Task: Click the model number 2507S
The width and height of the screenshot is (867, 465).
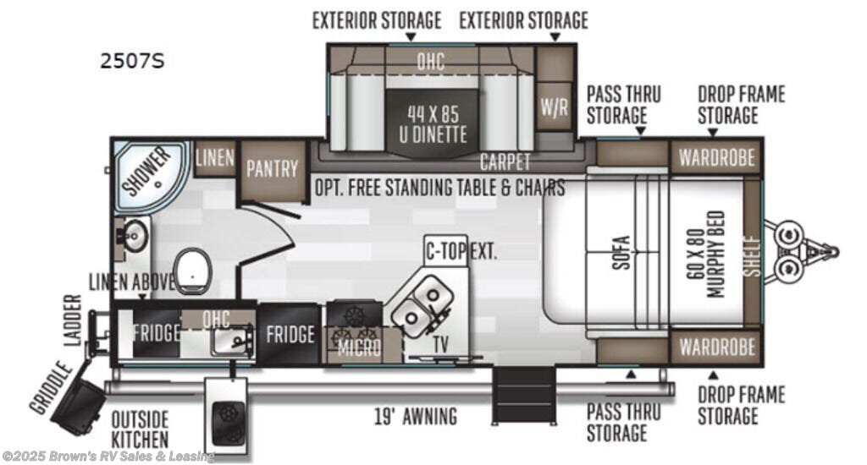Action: (x=132, y=61)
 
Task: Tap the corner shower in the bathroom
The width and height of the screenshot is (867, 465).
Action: (x=147, y=174)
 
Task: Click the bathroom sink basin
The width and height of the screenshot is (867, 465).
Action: (x=132, y=237)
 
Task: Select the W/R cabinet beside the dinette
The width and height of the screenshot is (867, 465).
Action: (x=554, y=106)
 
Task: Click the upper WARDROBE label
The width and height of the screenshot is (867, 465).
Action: (x=716, y=158)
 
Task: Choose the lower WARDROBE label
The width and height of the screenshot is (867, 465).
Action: (x=716, y=347)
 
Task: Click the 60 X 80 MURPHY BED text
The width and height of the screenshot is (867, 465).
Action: (x=708, y=254)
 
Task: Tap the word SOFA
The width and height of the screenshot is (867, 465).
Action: (x=621, y=253)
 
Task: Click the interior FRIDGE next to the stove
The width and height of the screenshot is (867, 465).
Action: (x=290, y=334)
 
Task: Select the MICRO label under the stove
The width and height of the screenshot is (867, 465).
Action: (x=359, y=347)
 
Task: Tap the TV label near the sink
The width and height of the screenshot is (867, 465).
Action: (x=440, y=345)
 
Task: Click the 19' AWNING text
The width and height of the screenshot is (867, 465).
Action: (x=416, y=417)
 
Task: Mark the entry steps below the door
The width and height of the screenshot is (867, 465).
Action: (x=523, y=396)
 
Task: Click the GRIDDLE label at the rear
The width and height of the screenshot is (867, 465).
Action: (x=51, y=388)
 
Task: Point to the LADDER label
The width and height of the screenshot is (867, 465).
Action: (x=73, y=320)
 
